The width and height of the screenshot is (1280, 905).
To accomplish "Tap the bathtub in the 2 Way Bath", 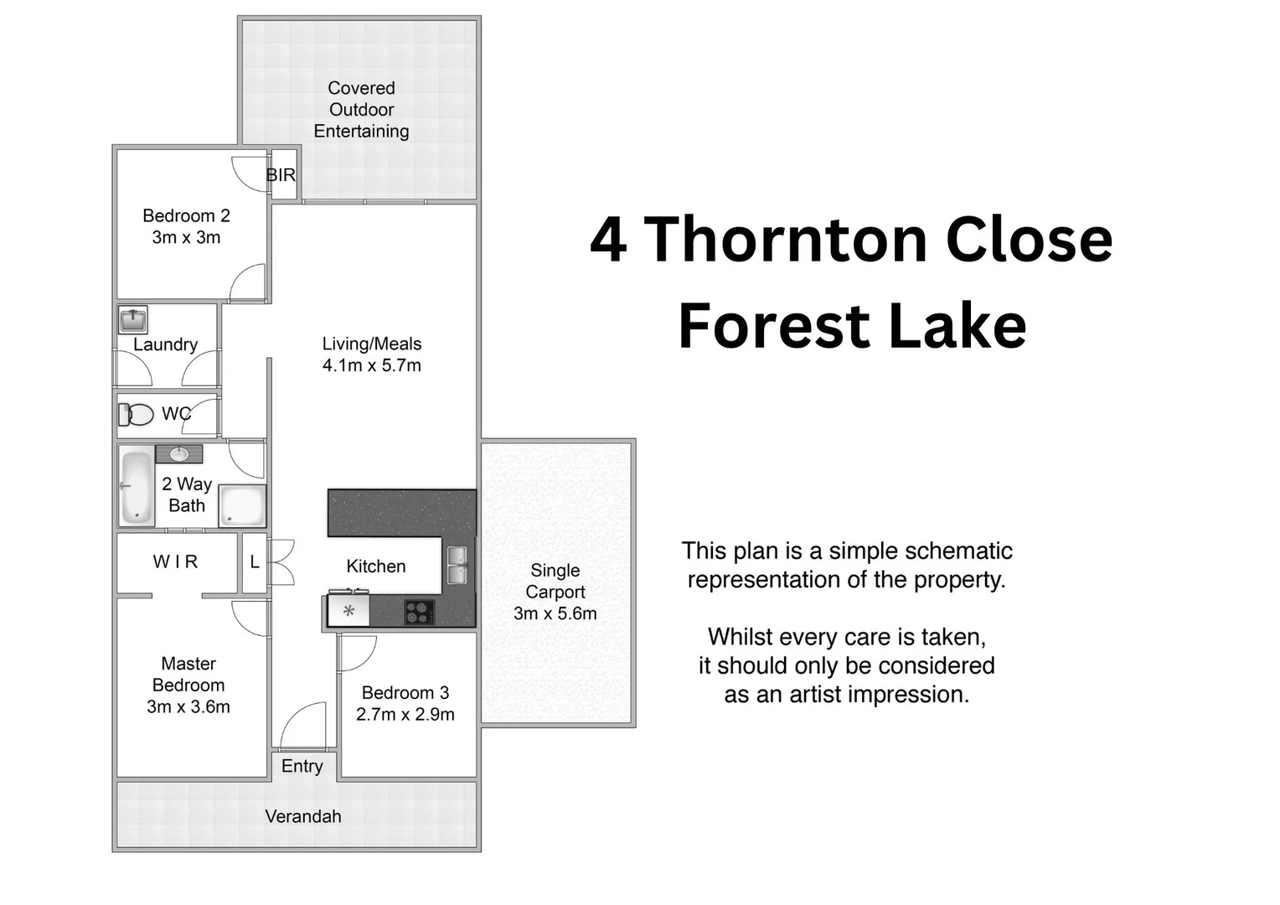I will (x=137, y=487).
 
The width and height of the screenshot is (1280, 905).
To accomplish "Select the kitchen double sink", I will (x=457, y=565).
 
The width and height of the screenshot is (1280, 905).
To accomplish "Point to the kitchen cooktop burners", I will (x=419, y=612).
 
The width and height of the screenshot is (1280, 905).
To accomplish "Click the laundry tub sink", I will (x=132, y=320).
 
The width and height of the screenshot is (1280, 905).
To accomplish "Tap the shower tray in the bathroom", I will (x=243, y=506).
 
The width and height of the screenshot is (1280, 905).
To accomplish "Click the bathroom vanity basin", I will (x=179, y=454).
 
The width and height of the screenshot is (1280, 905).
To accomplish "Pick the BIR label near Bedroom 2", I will (x=281, y=175).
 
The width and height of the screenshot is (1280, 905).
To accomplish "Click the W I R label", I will (x=175, y=561).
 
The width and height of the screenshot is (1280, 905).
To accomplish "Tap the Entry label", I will (x=302, y=766).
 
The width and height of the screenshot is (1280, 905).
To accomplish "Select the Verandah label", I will (x=303, y=816).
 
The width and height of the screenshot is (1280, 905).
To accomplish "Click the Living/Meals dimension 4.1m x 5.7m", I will (x=372, y=365).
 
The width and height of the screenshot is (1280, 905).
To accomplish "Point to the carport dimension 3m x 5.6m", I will (x=555, y=613).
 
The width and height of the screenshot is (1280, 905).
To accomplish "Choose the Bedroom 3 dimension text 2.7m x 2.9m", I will (x=405, y=715).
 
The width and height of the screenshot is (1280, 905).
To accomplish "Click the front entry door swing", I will (x=303, y=727).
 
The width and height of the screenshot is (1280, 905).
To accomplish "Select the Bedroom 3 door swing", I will (x=357, y=653).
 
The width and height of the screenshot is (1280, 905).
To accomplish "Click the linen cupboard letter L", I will (x=255, y=562).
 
